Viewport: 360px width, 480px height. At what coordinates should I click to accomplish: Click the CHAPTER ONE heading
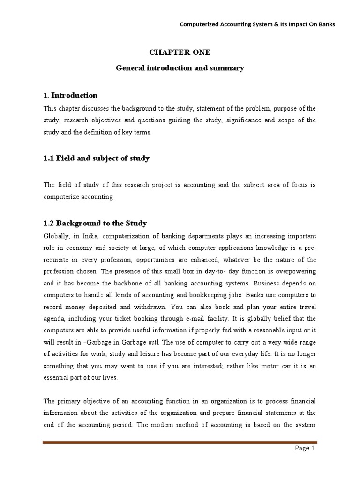pos(180,52)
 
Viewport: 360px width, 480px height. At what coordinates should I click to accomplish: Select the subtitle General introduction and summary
pos(180,68)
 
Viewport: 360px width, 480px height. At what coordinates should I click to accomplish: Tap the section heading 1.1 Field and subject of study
pos(96,158)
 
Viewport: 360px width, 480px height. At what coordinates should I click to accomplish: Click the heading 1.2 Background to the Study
pos(95,223)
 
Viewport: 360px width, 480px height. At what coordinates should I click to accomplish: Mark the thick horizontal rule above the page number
pos(180,442)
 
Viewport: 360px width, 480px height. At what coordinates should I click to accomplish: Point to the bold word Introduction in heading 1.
pos(74,96)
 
